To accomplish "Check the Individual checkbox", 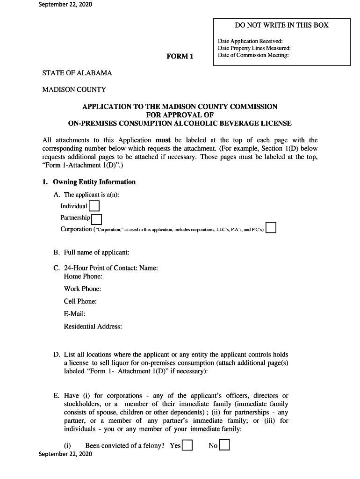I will coord(94,206).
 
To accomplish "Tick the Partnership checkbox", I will coord(97,218).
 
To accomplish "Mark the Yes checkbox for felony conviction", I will coord(187,445).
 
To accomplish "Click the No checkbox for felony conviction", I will coord(224,445).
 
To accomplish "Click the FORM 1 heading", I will coord(180,57).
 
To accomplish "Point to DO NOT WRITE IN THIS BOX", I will coord(281,25).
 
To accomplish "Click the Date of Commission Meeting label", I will coord(253,55).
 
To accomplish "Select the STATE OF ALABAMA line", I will coord(77,73).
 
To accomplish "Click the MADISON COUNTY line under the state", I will coord(74,89).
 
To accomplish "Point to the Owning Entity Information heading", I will coord(94,182).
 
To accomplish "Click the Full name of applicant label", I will coord(96,253).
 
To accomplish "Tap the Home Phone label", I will coord(83,276).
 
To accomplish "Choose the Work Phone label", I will coord(82,289).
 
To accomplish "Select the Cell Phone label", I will coord(80,301).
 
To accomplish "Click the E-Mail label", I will coord(75,314).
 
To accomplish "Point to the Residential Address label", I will coord(93,327).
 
